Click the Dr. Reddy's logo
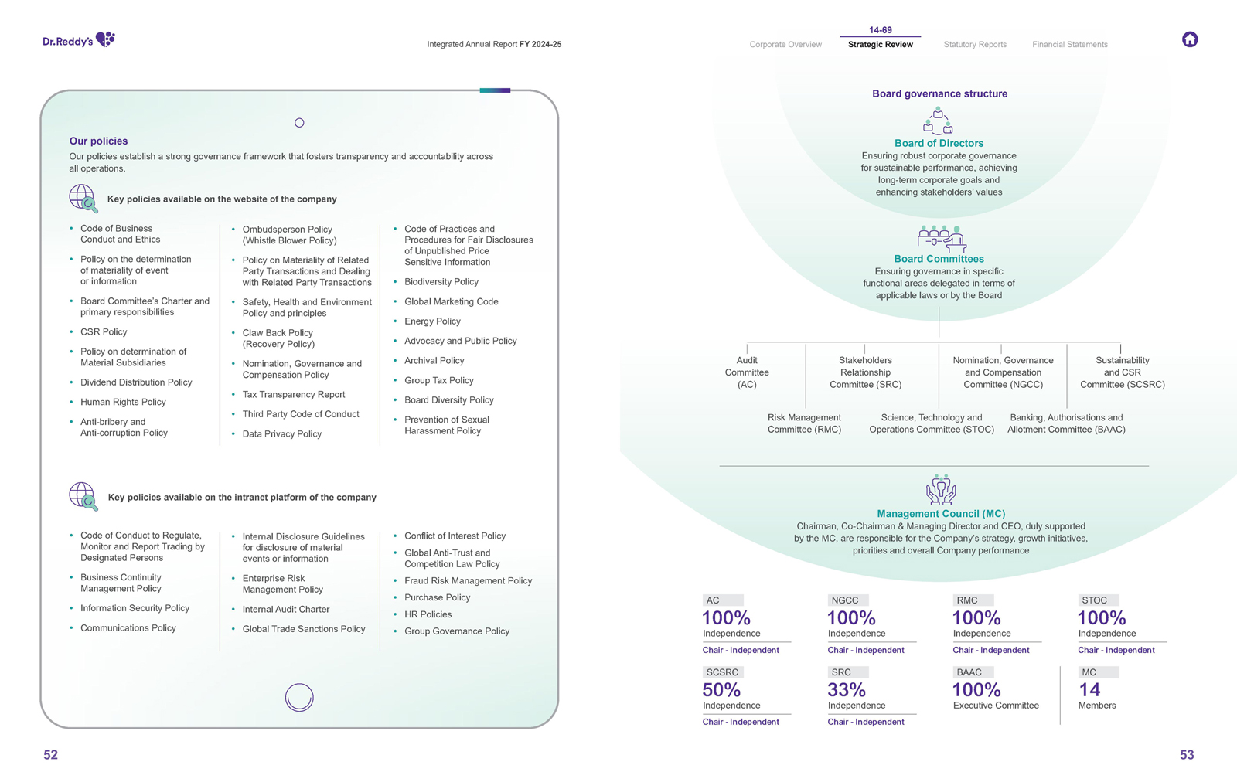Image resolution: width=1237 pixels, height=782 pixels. click(x=78, y=39)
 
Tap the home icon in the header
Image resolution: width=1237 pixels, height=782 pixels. click(x=1190, y=39)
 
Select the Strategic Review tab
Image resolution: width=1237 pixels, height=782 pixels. click(x=880, y=44)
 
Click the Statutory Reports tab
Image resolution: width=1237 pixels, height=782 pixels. click(x=975, y=44)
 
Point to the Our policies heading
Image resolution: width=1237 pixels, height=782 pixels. click(x=98, y=141)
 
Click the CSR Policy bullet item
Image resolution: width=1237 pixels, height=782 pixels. click(x=104, y=331)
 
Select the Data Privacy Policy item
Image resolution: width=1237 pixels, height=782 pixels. click(x=281, y=433)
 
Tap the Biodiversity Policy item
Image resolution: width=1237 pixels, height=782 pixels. click(x=441, y=281)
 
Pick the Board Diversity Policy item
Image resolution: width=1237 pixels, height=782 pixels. click(x=448, y=399)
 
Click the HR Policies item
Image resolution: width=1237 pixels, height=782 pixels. click(x=428, y=614)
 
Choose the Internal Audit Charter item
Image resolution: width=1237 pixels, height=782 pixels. click(x=285, y=609)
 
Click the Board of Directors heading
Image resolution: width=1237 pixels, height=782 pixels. click(x=939, y=143)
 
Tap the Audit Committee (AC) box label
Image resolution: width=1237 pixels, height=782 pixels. click(x=747, y=372)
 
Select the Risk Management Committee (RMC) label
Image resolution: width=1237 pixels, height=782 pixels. click(x=804, y=423)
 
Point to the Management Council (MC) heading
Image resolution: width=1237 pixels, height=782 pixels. click(x=941, y=513)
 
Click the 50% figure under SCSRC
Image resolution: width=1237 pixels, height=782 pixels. click(x=721, y=689)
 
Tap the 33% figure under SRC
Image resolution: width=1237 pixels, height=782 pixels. click(x=847, y=689)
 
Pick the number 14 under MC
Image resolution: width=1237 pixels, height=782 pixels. click(x=1089, y=689)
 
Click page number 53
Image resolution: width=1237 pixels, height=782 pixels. click(x=1187, y=755)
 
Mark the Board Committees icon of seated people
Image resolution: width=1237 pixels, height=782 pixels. click(x=941, y=239)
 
